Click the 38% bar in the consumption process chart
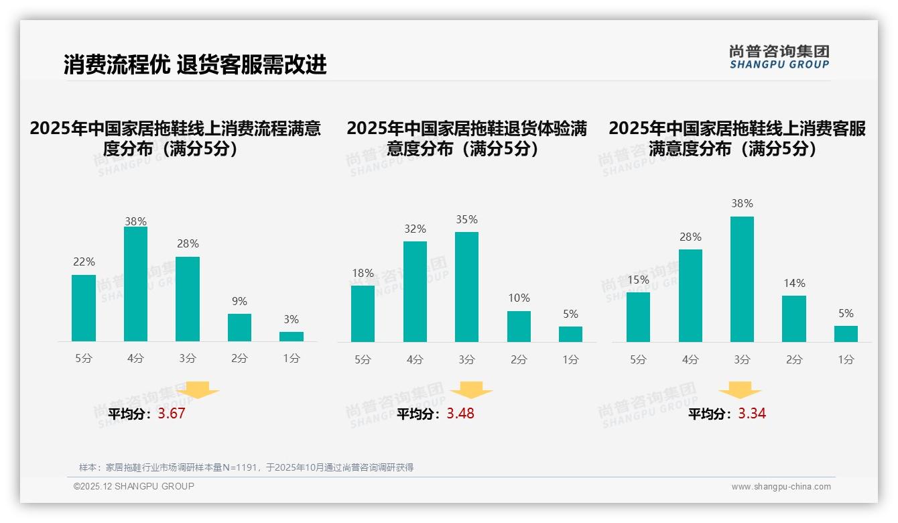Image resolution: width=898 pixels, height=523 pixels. click(x=135, y=284)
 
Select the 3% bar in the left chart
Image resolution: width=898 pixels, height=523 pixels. click(x=292, y=337)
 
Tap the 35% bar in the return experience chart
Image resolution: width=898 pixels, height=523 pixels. click(x=466, y=287)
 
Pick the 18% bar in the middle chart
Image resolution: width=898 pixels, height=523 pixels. click(x=363, y=314)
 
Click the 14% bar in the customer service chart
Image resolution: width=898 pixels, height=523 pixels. click(x=794, y=318)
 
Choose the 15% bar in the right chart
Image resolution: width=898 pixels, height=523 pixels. click(x=638, y=317)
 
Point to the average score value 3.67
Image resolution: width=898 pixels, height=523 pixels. click(x=172, y=414)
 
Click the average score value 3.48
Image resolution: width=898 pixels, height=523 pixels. click(x=460, y=414)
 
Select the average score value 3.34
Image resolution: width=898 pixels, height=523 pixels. click(x=752, y=414)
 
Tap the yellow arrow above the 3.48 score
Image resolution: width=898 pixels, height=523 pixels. click(x=471, y=390)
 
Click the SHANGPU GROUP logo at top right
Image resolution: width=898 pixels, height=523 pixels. click(x=779, y=57)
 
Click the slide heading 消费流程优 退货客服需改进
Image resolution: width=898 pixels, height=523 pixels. click(x=195, y=64)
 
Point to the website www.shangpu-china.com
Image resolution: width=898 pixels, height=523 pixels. click(x=781, y=487)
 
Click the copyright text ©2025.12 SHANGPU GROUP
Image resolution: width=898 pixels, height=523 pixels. click(x=134, y=486)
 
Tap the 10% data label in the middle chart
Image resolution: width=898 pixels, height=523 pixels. click(x=519, y=298)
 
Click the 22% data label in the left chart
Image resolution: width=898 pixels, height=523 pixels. click(x=84, y=262)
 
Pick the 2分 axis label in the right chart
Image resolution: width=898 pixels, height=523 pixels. click(x=794, y=360)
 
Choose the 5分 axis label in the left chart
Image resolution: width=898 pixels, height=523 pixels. click(x=84, y=359)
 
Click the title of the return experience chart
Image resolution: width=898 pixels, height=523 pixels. click(x=466, y=138)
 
